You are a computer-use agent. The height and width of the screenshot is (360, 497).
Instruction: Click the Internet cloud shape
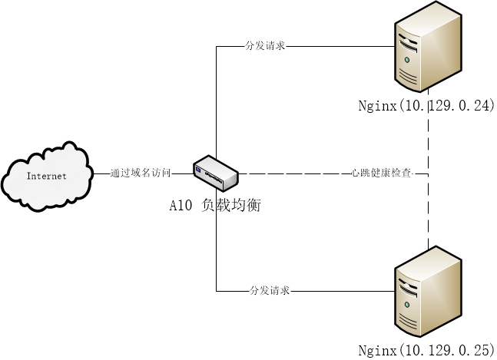click(47, 176)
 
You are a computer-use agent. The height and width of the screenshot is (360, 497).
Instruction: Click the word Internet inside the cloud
click(47, 177)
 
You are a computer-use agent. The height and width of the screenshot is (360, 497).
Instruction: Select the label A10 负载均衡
click(215, 205)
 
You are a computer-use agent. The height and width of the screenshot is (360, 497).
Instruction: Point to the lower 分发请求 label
click(270, 292)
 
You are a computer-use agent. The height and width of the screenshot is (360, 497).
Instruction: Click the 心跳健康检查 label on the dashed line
click(381, 174)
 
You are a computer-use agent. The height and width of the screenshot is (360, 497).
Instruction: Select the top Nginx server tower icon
click(427, 48)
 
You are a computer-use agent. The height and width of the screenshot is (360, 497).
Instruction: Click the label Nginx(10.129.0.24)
click(426, 107)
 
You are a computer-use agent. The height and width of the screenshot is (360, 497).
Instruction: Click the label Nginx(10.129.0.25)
click(426, 351)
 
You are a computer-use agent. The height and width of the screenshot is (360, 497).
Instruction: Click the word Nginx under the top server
click(376, 107)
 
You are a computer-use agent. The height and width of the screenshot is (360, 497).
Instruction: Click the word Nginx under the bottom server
click(376, 351)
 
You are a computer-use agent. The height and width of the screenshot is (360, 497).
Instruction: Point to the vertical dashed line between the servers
click(426, 215)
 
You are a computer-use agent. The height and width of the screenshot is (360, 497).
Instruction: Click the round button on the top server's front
click(407, 59)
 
